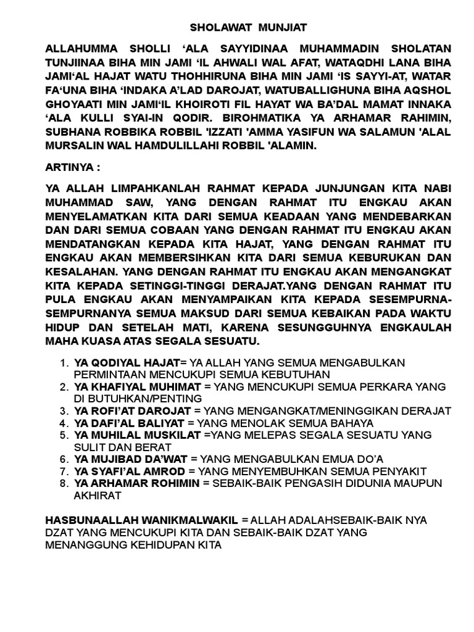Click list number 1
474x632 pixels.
(x=64, y=362)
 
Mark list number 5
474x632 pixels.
(x=64, y=435)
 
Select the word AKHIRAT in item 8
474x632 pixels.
(x=97, y=495)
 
